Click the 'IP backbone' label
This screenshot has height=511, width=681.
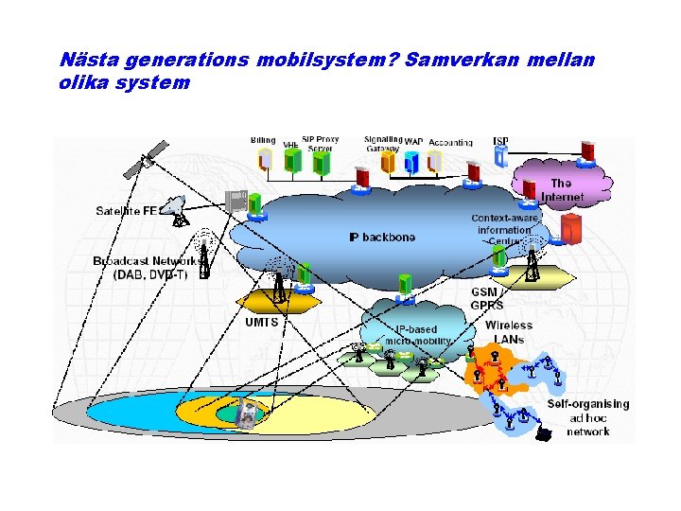pos(382,237)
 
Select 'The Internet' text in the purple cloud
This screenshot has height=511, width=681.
pos(562,190)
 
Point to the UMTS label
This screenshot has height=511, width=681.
pos(262,322)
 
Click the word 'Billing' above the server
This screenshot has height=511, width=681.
pos(263,140)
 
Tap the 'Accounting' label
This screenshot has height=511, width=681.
pos(450,143)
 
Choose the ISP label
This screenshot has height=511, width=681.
pos(500,141)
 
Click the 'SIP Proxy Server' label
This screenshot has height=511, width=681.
pos(320,144)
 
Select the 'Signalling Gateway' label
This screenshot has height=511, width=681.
pos(383,144)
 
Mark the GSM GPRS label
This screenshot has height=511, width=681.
pos(487,298)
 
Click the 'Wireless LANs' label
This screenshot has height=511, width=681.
pos(509,332)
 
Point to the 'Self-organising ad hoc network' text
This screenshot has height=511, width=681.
pos(587,417)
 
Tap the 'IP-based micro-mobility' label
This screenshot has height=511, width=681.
pos(416,335)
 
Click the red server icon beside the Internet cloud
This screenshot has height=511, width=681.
pos(570,229)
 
